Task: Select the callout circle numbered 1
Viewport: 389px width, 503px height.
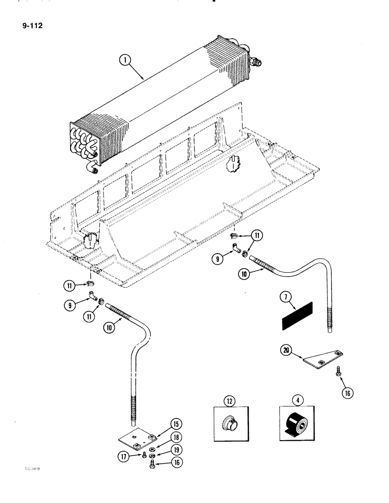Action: click(125, 62)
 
